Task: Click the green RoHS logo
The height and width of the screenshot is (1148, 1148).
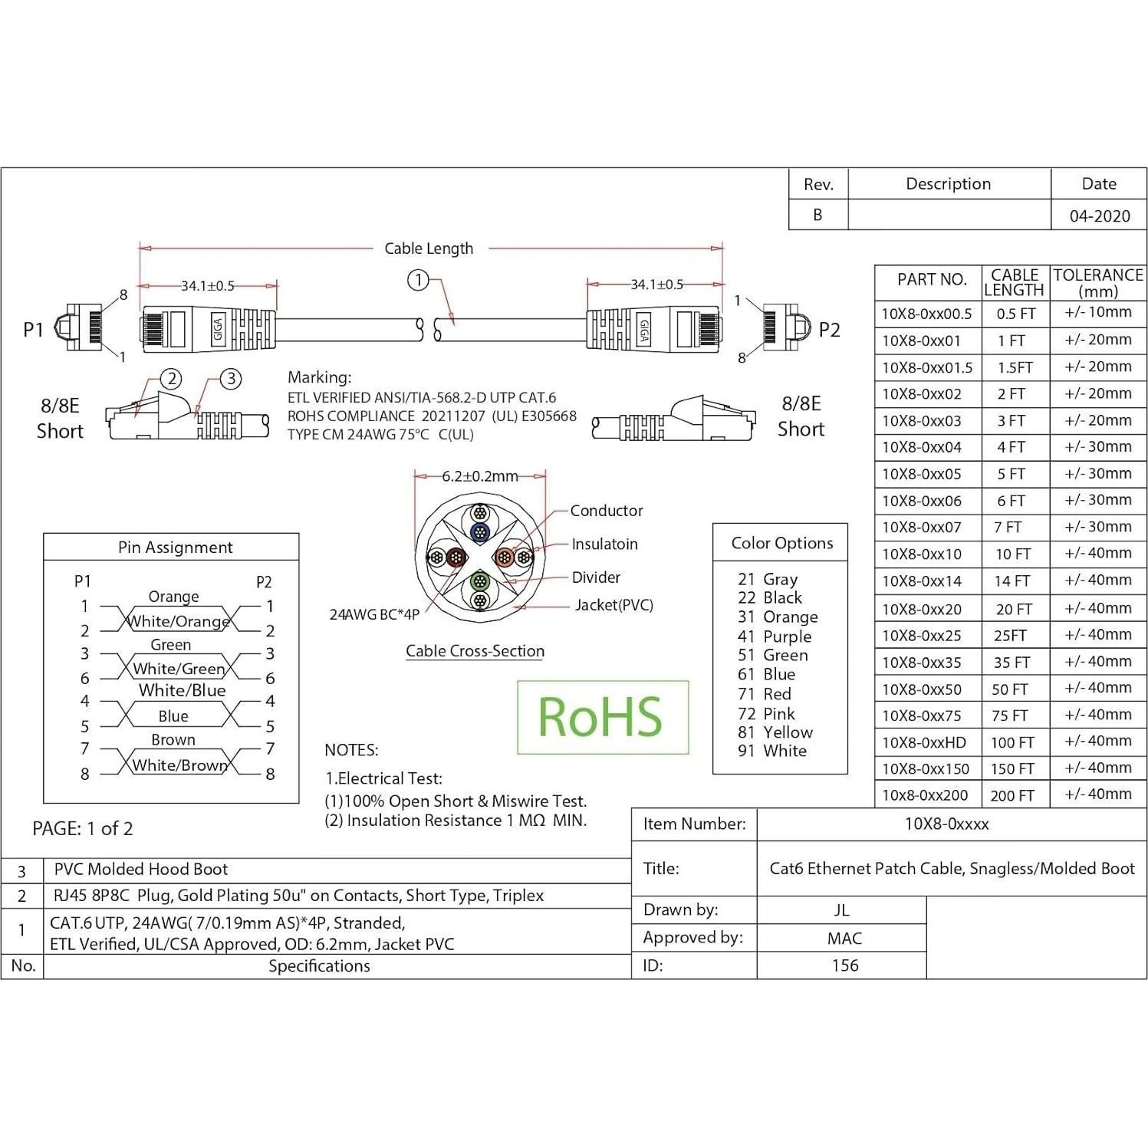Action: [602, 717]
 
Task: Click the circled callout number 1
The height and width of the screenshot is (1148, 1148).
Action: [418, 280]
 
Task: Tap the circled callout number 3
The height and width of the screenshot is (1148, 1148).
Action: [231, 378]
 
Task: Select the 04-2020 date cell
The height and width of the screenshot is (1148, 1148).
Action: [1099, 215]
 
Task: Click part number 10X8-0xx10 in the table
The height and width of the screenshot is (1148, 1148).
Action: [921, 554]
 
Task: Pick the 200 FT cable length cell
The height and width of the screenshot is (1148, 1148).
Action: [1012, 795]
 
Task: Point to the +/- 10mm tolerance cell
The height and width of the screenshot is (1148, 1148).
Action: [1098, 312]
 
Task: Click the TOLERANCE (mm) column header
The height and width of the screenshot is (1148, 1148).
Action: [1098, 282]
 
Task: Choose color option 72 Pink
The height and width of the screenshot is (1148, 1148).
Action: [766, 713]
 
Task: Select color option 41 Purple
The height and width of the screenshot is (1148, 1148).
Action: [774, 636]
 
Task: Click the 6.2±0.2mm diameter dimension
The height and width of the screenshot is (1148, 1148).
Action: [480, 476]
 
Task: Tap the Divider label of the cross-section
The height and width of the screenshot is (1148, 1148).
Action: [596, 577]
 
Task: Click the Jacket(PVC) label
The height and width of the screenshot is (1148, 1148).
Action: [613, 605]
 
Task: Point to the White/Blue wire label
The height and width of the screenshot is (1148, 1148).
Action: [183, 690]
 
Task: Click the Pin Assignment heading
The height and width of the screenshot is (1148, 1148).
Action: [175, 547]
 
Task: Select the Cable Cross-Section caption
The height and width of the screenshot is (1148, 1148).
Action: [475, 651]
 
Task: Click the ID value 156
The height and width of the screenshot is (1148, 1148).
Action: [845, 965]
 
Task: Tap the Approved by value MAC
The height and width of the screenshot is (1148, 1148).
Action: [844, 938]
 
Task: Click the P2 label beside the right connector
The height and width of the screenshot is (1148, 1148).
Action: [829, 330]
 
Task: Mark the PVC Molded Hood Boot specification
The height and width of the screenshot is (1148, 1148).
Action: [141, 869]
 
